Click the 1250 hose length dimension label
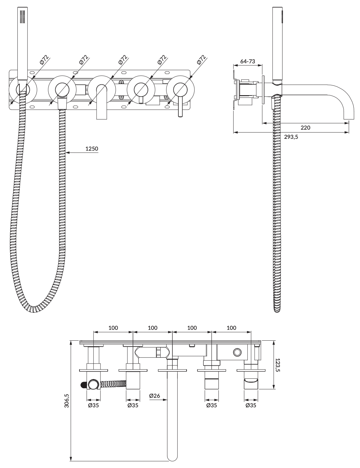(92, 149)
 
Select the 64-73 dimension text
(248, 61)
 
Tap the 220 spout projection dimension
(305, 128)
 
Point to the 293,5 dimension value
(291, 137)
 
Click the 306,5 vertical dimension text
(67, 401)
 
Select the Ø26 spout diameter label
(155, 396)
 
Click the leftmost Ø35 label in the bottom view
(93, 405)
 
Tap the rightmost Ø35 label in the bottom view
(251, 405)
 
